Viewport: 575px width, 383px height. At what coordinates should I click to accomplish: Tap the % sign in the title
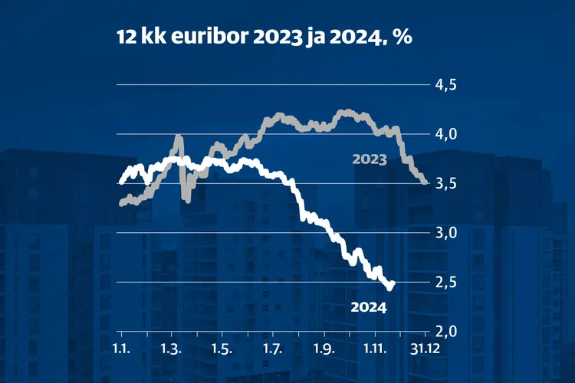coord(404,38)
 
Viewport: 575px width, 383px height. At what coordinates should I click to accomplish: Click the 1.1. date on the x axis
coord(121,349)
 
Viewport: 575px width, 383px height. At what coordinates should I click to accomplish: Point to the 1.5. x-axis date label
coord(222,349)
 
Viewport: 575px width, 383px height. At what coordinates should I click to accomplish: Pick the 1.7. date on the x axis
coord(273,349)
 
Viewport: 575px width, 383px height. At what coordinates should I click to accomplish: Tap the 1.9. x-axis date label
coord(324,349)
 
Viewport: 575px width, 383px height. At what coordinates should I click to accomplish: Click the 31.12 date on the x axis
coord(426,349)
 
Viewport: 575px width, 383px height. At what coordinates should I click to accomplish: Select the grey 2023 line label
coord(370,159)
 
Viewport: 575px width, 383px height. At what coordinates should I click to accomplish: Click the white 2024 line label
coord(367,308)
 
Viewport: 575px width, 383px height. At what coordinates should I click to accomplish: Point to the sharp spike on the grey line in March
coord(179,139)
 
